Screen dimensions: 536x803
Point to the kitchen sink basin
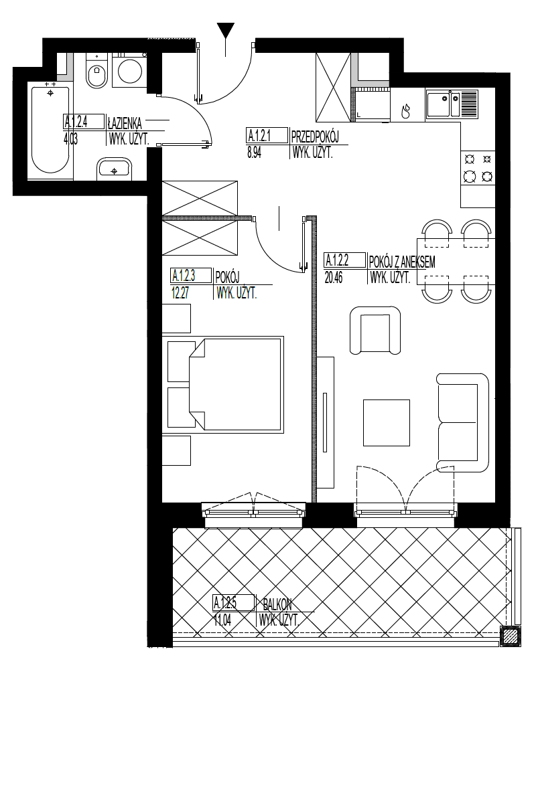click(438, 104)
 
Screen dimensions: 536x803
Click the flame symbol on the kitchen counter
click(406, 110)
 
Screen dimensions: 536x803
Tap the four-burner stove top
click(478, 167)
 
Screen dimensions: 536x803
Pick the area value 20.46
click(334, 278)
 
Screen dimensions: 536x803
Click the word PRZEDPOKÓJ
click(315, 137)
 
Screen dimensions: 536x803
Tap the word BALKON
click(277, 605)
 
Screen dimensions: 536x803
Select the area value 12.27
click(180, 294)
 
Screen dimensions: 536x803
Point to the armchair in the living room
click(375, 330)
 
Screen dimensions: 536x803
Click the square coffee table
click(387, 423)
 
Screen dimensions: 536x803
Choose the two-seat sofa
click(463, 422)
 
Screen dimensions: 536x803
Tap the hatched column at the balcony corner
click(511, 636)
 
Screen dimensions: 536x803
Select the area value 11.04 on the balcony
click(222, 620)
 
